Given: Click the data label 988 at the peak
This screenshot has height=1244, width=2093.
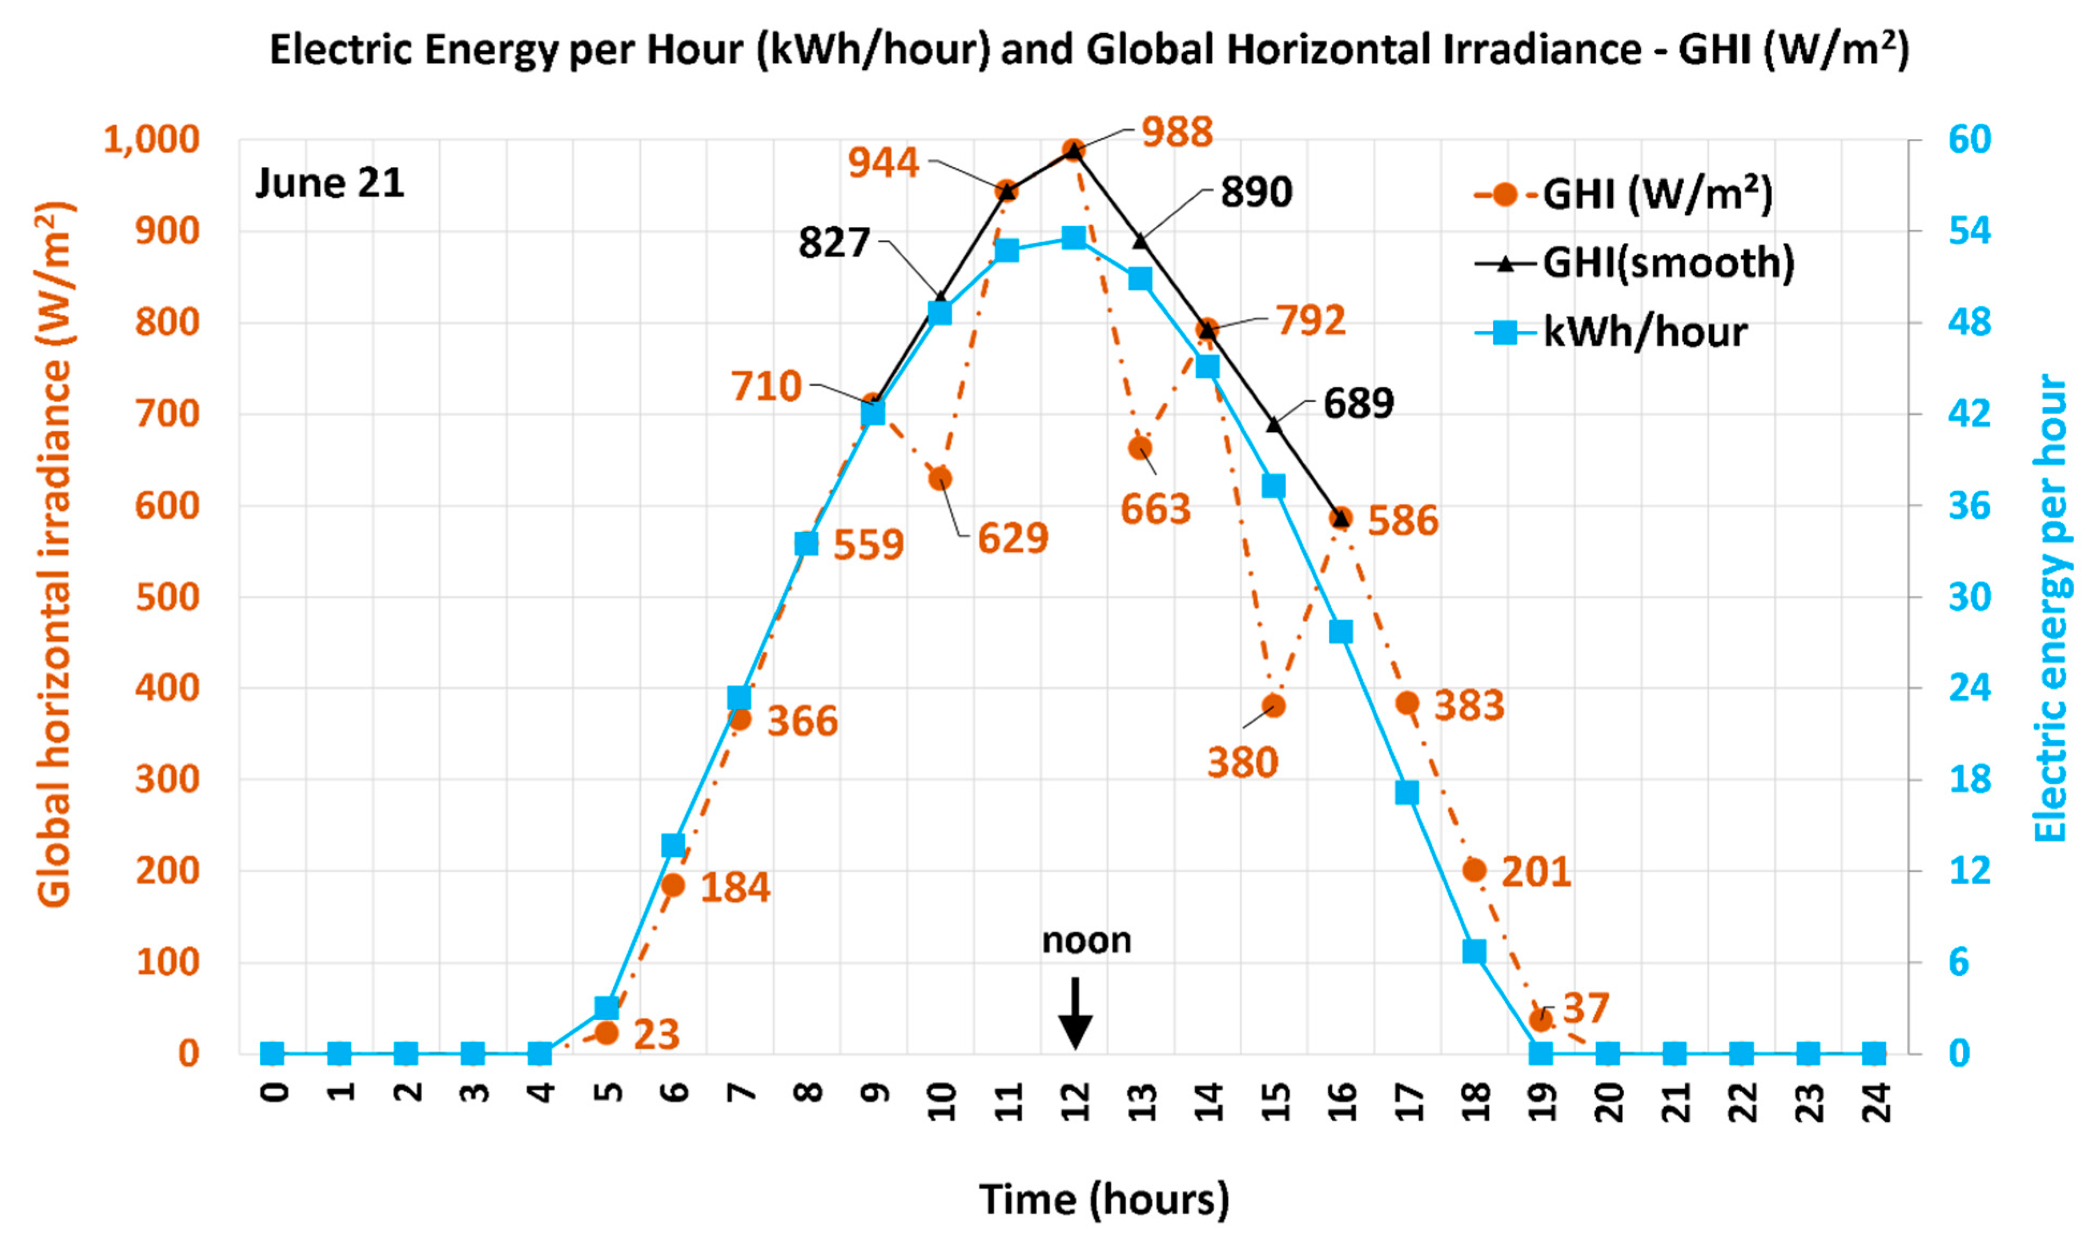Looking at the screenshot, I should tap(1177, 133).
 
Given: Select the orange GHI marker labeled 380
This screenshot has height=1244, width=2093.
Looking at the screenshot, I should tap(1273, 706).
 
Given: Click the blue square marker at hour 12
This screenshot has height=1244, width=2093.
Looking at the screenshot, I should tap(1074, 238).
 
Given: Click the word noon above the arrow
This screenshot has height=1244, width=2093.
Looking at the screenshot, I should tap(1086, 940).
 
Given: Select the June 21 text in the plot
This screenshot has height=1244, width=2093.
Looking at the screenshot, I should tap(329, 183).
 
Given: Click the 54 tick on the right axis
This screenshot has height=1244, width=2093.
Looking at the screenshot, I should tap(1969, 231).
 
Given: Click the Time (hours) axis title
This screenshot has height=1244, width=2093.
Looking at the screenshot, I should tap(1104, 1199).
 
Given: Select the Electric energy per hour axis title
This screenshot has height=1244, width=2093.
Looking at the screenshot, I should tap(2051, 608).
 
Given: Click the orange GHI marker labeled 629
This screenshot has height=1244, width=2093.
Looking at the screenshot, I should tap(941, 479).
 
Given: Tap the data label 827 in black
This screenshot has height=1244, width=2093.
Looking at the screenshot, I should tap(834, 243).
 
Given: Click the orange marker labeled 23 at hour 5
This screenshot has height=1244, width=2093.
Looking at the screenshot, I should tap(607, 1033).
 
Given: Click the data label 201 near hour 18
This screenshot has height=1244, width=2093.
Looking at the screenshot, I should tap(1536, 872).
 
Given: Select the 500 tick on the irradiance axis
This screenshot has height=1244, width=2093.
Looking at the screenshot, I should tap(167, 598).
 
